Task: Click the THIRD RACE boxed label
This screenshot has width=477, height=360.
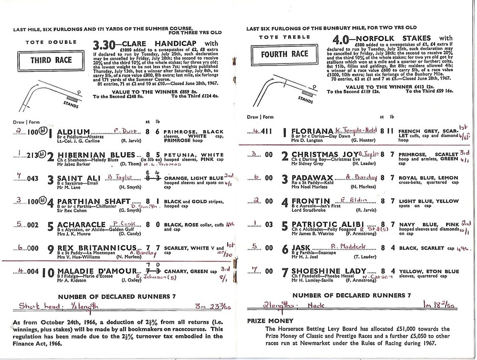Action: [44, 61]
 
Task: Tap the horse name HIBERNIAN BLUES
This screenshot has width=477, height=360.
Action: [95, 155]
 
